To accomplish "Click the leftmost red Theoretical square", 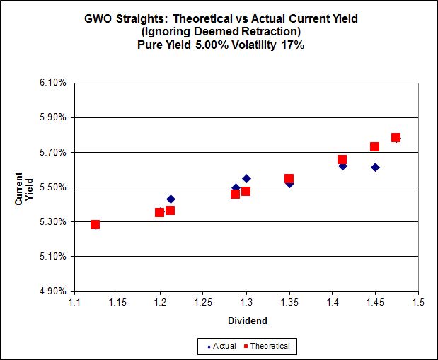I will click(x=95, y=225).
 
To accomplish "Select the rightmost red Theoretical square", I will click(x=396, y=137).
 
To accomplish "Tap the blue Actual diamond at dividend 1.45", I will click(x=375, y=167).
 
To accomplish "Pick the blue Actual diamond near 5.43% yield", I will click(x=171, y=199).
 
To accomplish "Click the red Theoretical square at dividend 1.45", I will click(x=374, y=146).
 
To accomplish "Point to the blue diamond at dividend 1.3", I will click(x=246, y=178).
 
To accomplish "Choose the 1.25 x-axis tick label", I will click(x=203, y=303).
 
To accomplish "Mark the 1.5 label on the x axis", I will click(x=418, y=303).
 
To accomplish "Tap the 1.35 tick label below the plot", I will click(x=289, y=303).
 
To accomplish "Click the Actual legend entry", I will click(x=220, y=346).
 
